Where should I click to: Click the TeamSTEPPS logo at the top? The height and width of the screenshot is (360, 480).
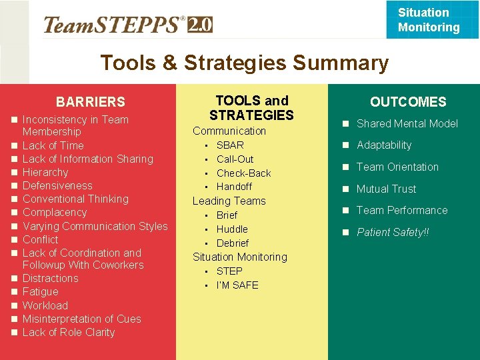tap(127, 25)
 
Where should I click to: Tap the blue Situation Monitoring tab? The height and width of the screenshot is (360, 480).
tap(429, 20)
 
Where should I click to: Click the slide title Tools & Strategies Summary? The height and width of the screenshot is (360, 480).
tap(244, 63)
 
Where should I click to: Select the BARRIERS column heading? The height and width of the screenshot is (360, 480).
tap(90, 102)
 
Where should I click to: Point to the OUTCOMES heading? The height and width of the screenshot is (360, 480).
tap(408, 102)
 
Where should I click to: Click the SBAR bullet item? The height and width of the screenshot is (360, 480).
tap(230, 145)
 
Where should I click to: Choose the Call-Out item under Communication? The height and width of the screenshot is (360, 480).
tap(235, 159)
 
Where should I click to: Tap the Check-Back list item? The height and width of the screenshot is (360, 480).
tap(243, 173)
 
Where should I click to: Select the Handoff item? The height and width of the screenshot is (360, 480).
tap(234, 187)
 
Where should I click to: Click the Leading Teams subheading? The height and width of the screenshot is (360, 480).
tap(229, 201)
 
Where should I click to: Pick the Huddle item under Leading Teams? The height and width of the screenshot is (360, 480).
tap(232, 229)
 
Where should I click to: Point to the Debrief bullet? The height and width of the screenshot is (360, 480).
tap(232, 243)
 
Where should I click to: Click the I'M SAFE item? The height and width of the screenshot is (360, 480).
tap(237, 285)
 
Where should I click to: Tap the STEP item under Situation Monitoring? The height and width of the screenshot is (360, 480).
tap(229, 271)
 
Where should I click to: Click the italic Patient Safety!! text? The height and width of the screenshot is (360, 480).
tap(392, 233)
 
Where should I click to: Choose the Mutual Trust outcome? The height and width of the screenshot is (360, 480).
tap(386, 189)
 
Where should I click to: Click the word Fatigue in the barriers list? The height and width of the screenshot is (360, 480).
tap(41, 292)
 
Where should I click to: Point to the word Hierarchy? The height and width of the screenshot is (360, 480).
tap(45, 172)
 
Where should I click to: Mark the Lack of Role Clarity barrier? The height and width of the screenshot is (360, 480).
tap(69, 332)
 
